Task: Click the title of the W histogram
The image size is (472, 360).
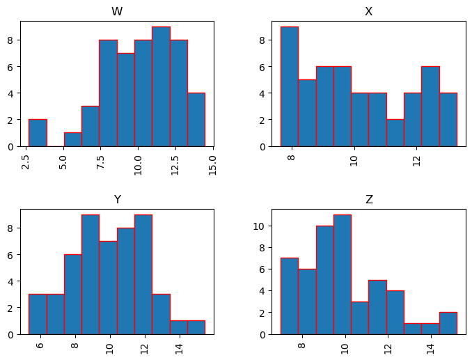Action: (117, 12)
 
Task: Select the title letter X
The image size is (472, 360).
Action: (369, 12)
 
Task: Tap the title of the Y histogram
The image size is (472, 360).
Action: (117, 200)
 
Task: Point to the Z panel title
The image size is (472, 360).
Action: (369, 200)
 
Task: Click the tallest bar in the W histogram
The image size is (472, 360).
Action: (161, 87)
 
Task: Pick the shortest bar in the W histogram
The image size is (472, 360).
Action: (73, 139)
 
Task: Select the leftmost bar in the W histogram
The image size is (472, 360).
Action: (38, 133)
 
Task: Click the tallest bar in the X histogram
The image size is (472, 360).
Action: (290, 87)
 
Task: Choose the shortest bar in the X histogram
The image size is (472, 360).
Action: (395, 133)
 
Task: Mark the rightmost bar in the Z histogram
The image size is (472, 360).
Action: (448, 323)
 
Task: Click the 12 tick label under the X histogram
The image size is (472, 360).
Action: (416, 158)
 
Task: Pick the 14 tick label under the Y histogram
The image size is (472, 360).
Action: (179, 346)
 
